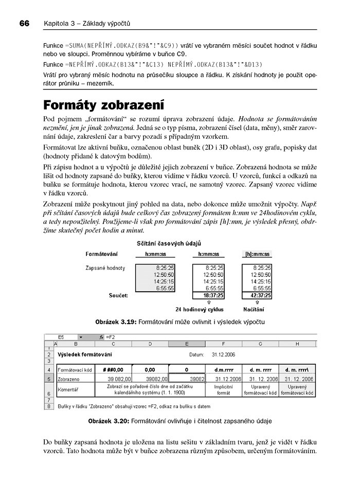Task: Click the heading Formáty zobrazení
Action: click(103, 106)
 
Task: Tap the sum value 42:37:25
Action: click(257, 295)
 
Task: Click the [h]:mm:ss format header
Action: click(257, 254)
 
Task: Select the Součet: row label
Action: click(118, 295)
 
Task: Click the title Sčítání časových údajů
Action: click(168, 242)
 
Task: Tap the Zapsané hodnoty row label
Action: click(105, 268)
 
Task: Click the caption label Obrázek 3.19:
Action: click(116, 322)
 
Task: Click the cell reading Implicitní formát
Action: click(224, 389)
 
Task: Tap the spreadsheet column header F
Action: click(224, 344)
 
